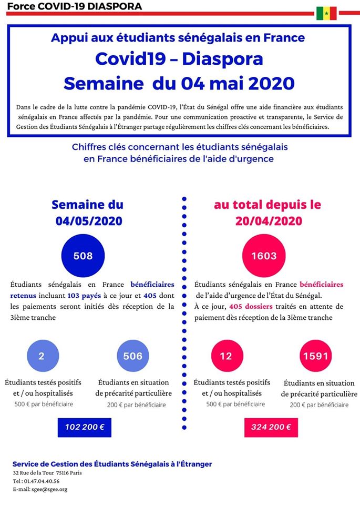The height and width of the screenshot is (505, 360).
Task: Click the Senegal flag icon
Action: [326, 13]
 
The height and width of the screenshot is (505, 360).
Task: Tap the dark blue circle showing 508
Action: [83, 256]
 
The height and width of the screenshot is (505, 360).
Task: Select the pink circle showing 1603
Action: [264, 256]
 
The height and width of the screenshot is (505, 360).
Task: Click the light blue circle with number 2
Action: [43, 356]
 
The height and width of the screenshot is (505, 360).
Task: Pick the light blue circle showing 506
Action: [133, 356]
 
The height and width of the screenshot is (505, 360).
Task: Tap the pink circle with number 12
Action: [227, 356]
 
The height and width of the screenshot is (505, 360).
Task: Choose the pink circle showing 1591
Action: [316, 356]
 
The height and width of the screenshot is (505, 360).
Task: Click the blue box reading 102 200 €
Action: [85, 427]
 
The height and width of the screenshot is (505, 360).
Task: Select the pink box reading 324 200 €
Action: [271, 427]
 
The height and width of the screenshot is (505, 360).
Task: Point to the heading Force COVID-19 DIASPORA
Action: [74, 6]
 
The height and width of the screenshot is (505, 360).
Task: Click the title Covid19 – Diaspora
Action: [179, 59]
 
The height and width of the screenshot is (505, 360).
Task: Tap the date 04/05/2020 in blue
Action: [89, 221]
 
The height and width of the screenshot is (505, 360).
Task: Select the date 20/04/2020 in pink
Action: [269, 221]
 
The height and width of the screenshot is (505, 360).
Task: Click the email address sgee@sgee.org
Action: [49, 490]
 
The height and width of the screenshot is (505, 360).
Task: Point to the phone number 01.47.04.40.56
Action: [41, 481]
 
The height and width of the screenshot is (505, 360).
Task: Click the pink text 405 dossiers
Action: [251, 306]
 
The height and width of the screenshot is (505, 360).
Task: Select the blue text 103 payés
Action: [84, 296]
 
